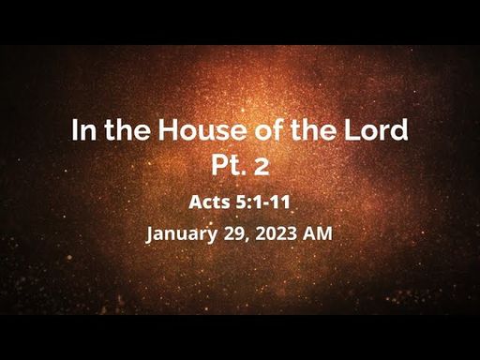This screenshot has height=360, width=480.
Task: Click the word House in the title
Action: click(x=202, y=129)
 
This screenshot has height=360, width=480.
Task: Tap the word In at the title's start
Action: click(x=83, y=129)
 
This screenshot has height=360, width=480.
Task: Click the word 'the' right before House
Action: click(x=127, y=129)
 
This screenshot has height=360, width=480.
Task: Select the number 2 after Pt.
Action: click(x=262, y=166)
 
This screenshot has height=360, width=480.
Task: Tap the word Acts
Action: click(x=210, y=202)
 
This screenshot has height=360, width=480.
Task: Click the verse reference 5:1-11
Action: click(x=263, y=202)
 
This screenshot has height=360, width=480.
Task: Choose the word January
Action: click(x=181, y=234)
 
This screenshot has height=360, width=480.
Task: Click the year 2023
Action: click(x=276, y=233)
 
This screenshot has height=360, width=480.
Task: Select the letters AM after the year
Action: click(x=318, y=233)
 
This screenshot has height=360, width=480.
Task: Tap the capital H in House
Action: click(x=168, y=129)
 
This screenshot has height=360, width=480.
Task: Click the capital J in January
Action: click(x=150, y=234)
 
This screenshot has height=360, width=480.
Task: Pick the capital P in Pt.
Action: click(x=218, y=165)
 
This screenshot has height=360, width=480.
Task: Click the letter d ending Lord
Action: click(x=399, y=129)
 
